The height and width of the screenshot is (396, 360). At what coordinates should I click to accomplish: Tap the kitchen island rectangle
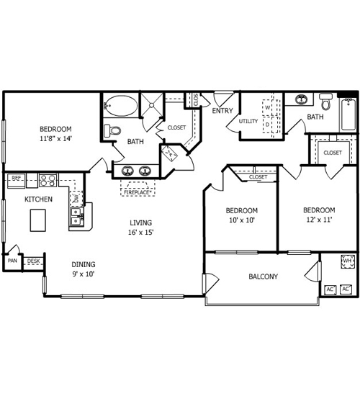(38, 220)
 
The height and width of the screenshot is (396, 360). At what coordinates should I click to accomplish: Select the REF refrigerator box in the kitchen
(16, 180)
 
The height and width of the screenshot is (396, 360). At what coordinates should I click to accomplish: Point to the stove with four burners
(48, 180)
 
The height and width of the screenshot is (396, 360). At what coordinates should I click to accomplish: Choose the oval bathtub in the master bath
(122, 106)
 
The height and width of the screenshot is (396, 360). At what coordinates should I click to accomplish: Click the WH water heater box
(348, 261)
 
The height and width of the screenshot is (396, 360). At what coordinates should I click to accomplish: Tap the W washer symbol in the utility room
(268, 107)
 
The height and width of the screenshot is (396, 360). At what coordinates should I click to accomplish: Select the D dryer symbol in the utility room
(267, 125)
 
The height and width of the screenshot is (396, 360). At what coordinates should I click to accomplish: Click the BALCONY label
(264, 276)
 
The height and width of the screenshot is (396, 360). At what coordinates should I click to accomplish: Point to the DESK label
(33, 261)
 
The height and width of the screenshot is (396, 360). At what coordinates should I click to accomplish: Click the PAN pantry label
(12, 261)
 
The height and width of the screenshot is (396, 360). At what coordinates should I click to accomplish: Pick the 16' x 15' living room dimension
(140, 232)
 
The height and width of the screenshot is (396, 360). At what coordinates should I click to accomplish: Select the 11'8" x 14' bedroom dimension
(56, 138)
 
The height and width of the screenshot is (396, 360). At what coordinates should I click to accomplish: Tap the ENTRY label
(222, 111)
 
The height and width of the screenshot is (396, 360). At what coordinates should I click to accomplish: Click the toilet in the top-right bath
(326, 102)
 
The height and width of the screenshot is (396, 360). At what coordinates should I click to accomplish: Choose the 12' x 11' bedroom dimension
(319, 220)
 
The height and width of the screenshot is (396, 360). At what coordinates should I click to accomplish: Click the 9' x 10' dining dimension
(84, 274)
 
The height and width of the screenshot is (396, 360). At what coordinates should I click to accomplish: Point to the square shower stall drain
(152, 105)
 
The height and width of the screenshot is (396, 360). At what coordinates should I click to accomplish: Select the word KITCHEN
(38, 199)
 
